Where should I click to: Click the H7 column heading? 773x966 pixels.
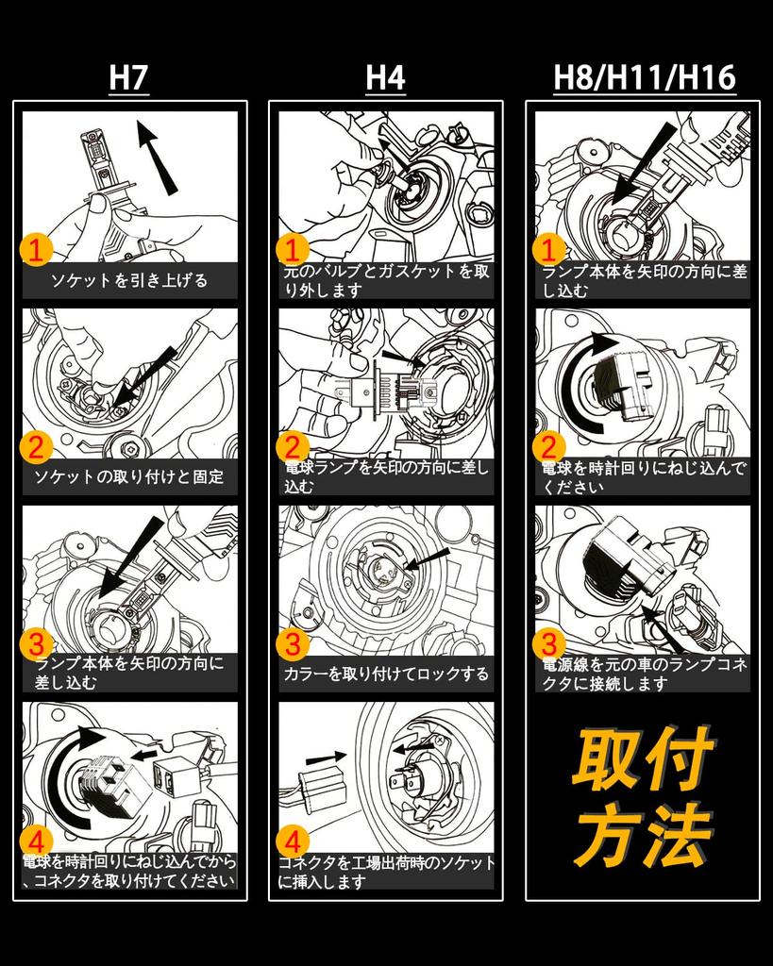(x=128, y=78)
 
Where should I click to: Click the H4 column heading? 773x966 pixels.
(x=385, y=78)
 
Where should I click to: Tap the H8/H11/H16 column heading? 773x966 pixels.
(x=644, y=78)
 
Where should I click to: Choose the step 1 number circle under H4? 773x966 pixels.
(x=293, y=250)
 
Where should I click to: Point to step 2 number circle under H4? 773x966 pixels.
(x=293, y=446)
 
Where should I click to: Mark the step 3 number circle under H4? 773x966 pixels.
(x=293, y=644)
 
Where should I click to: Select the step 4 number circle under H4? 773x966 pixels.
(x=293, y=841)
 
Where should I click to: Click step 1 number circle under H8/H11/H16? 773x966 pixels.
(x=549, y=250)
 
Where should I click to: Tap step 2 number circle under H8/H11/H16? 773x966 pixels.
(x=549, y=446)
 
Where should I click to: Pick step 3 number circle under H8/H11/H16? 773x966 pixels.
(x=549, y=644)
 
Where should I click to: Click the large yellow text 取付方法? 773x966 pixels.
(x=643, y=797)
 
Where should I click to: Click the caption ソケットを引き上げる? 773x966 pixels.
(x=129, y=280)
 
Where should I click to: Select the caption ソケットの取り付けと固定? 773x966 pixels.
(x=129, y=476)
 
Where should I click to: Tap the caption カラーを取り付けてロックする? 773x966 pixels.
(x=386, y=674)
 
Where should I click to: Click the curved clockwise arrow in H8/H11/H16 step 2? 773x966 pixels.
(x=578, y=382)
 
